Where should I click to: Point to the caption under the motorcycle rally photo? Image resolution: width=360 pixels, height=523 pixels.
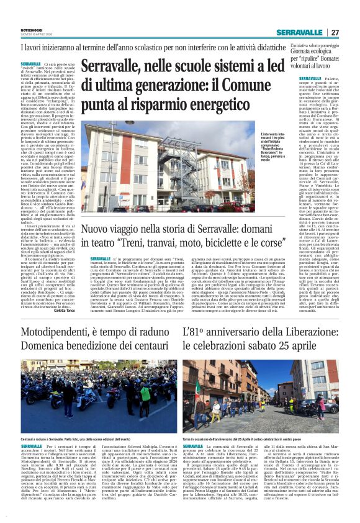[x=87, y=439]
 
